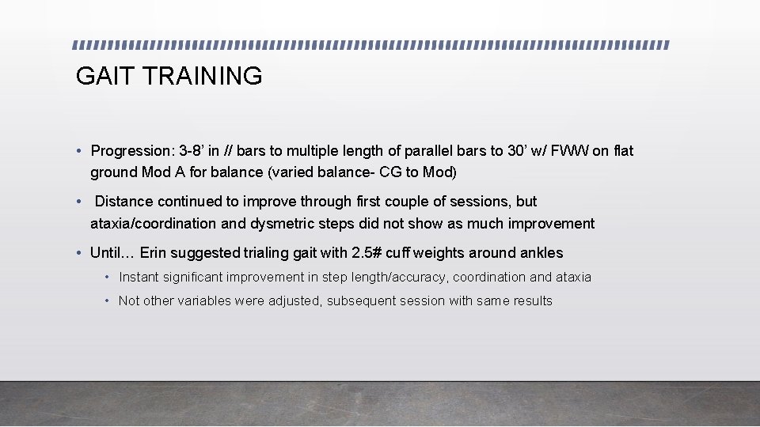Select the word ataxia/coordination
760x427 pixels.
pyautogui.click(x=153, y=224)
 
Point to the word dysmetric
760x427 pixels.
pyautogui.click(x=281, y=224)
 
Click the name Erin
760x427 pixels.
pyautogui.click(x=155, y=253)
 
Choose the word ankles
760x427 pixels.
pyautogui.click(x=541, y=253)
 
